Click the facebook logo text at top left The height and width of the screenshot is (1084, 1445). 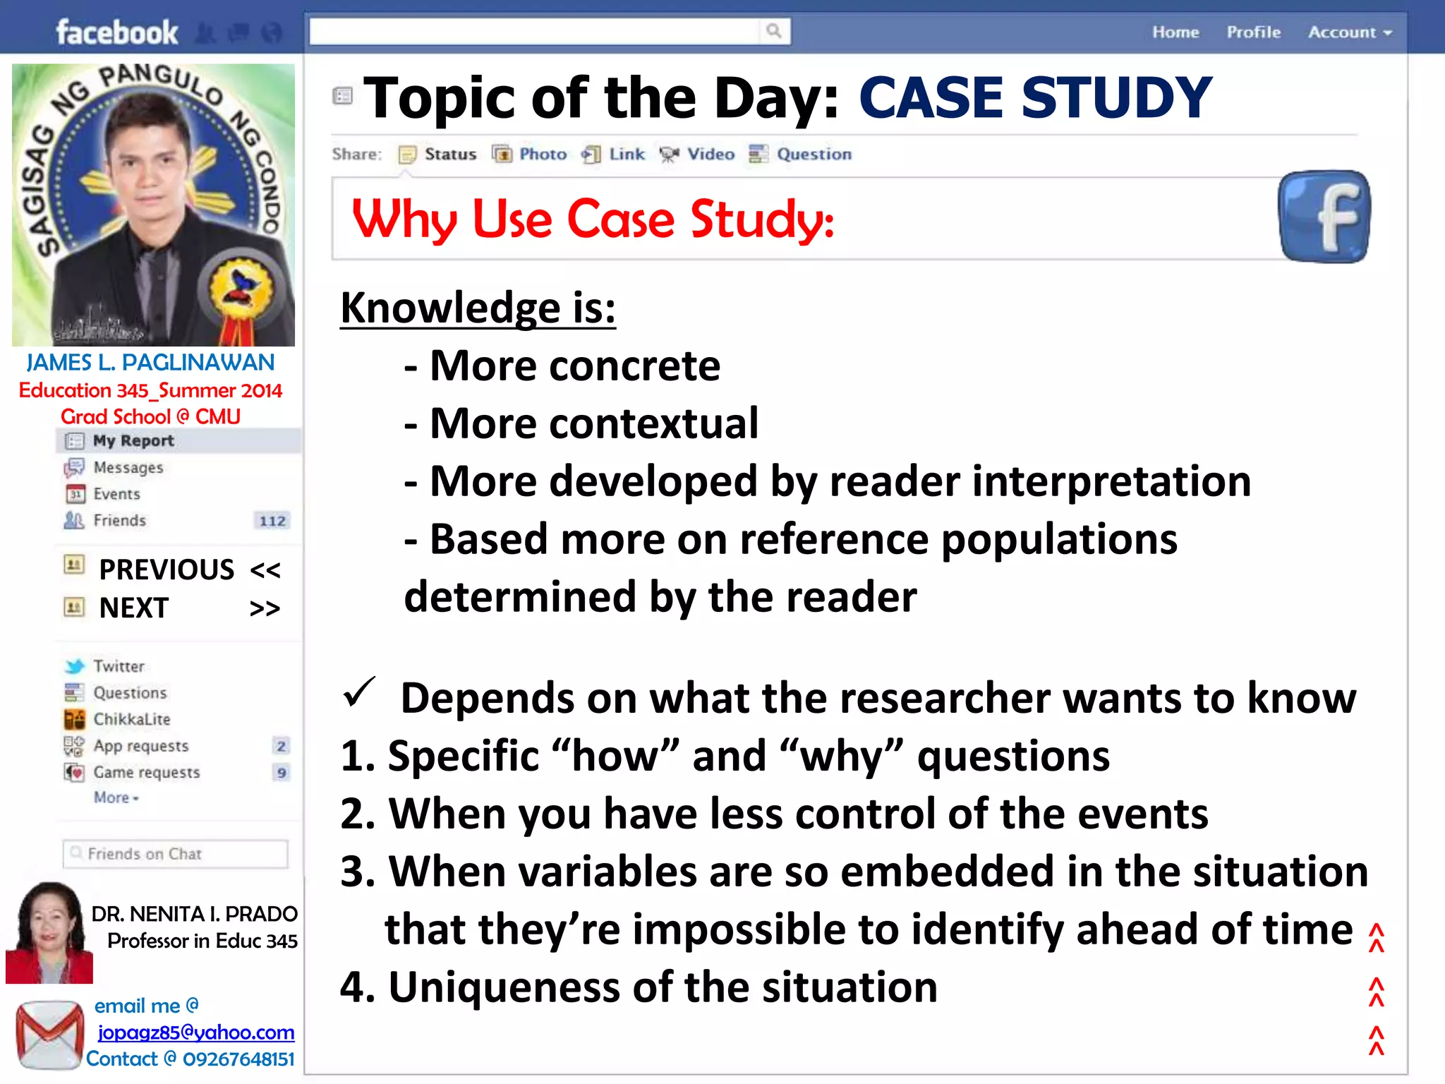click(x=116, y=32)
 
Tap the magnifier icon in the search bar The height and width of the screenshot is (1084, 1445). click(x=774, y=31)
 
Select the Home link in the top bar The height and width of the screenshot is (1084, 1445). click(x=1175, y=32)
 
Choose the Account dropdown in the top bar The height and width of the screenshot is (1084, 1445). click(x=1349, y=32)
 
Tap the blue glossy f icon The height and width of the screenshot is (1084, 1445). click(x=1324, y=217)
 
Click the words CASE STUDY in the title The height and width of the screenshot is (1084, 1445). click(x=1034, y=97)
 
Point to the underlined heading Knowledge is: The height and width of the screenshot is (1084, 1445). click(x=478, y=308)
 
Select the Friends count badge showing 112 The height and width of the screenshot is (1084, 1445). click(x=272, y=521)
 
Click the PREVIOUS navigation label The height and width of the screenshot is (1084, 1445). click(x=167, y=570)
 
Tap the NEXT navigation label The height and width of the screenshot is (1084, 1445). click(x=134, y=608)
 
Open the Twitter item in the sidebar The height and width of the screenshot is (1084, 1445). click(x=119, y=666)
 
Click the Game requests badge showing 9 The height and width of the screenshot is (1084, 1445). click(x=282, y=773)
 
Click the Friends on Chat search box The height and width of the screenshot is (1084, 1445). click(x=175, y=854)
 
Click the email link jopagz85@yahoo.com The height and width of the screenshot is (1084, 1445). click(x=195, y=1032)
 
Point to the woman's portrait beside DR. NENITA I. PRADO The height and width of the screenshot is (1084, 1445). click(x=49, y=932)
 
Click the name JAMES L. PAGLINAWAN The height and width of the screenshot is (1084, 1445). click(x=150, y=363)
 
